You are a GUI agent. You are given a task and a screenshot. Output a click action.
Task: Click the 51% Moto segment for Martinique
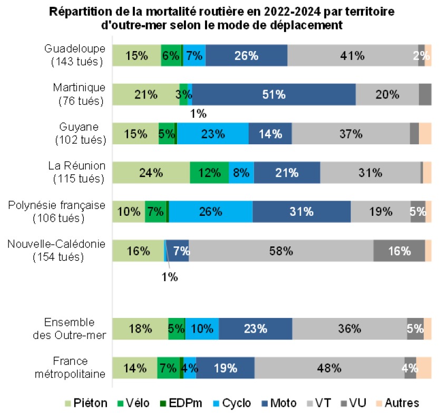click(x=274, y=95)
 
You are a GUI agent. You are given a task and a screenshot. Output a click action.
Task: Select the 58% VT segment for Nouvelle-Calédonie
click(x=281, y=251)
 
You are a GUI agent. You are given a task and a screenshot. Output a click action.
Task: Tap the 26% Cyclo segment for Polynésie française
click(x=211, y=212)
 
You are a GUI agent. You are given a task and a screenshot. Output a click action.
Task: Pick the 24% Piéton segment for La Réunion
click(x=151, y=173)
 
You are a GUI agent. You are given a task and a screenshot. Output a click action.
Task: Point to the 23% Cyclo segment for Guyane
click(x=213, y=134)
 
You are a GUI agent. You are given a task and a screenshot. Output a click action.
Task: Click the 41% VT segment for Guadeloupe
click(x=353, y=56)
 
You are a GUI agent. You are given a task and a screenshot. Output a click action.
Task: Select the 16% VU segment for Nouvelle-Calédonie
click(x=399, y=251)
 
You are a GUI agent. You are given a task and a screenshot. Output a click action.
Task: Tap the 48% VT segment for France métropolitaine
click(x=329, y=368)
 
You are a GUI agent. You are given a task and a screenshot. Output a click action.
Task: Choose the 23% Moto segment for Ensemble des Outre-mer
click(x=255, y=329)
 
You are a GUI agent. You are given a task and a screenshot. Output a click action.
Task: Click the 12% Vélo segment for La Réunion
click(x=209, y=173)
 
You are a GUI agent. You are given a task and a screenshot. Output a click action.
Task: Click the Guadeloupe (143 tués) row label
click(x=75, y=55)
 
